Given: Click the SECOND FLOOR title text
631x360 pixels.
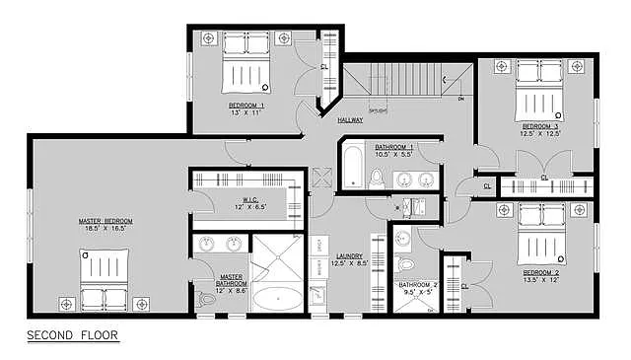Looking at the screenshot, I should (x=72, y=335).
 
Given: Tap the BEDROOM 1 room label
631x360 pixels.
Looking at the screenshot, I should (x=245, y=105).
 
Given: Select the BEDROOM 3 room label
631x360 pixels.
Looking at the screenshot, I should (x=540, y=126).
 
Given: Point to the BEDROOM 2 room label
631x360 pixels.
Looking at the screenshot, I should (x=541, y=272).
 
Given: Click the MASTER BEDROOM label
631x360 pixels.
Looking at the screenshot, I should (x=105, y=220).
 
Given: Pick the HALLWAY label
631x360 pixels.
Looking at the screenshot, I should (x=350, y=120).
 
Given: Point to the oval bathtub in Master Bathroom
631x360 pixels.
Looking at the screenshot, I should (x=277, y=297).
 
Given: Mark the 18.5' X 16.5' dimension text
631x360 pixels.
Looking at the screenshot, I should (x=105, y=228).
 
